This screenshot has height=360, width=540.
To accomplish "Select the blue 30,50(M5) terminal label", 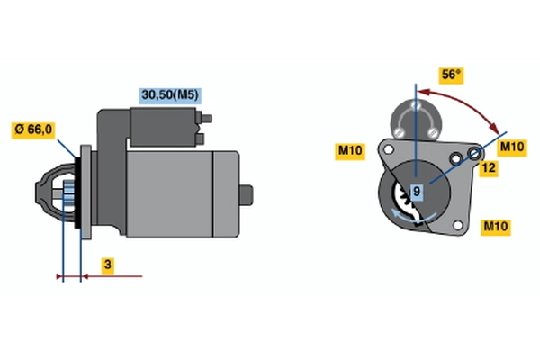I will point(168,94).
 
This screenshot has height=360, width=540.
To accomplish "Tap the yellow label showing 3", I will point(107,265).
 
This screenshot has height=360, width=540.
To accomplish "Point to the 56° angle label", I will point(451,75).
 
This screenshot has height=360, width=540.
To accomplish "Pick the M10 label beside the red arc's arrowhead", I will point(511,147).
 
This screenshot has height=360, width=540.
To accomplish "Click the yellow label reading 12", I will point(490,168).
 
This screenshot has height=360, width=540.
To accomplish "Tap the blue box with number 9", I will point(417,191).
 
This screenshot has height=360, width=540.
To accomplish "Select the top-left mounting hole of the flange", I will point(389,148).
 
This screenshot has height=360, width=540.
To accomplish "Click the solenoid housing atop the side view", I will point(162,126).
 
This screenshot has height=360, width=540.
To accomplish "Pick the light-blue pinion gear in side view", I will point(67,193).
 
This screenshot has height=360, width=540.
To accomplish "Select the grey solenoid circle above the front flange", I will point(415,118).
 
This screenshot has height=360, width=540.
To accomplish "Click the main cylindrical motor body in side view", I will point(180,193).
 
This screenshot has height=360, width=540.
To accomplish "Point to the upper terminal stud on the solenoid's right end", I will point(209,117).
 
